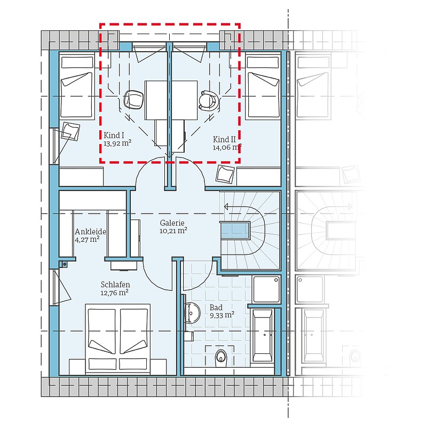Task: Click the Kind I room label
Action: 114,136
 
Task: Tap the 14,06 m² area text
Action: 227,147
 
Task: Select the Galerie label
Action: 172,223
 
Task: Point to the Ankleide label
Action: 90,232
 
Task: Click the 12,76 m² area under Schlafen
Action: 114,292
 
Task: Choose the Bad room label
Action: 216,307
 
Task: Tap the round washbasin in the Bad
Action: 192,313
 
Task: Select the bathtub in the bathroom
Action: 263,336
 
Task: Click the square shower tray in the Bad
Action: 266,289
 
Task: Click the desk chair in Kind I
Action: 133,100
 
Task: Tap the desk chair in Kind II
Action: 209,100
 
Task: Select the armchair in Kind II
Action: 225,174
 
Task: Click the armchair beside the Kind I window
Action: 70,131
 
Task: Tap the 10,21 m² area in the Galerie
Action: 173,231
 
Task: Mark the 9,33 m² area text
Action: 222,315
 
